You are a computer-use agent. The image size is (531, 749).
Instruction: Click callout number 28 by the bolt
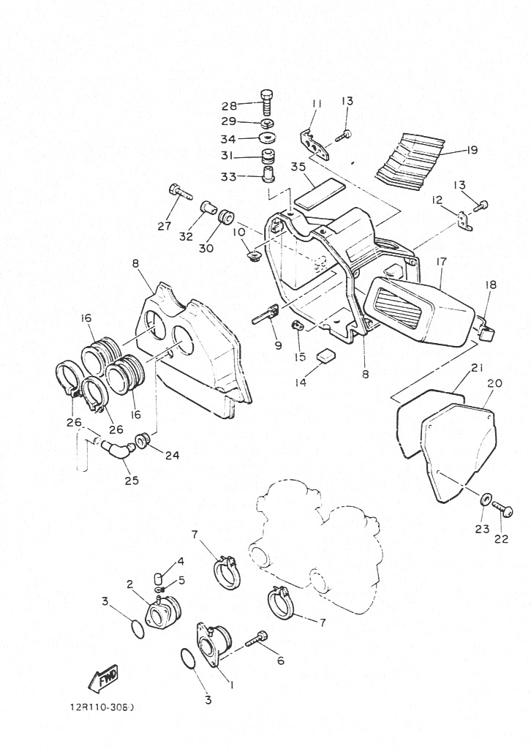[x=229, y=105]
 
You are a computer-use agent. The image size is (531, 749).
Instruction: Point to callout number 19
[x=472, y=150]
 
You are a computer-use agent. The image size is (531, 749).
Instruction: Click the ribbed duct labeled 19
[x=412, y=160]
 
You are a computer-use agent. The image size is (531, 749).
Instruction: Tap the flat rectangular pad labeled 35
[x=320, y=192]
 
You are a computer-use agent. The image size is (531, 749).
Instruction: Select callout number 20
[x=494, y=383]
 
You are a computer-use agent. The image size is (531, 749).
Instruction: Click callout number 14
[x=301, y=383]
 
